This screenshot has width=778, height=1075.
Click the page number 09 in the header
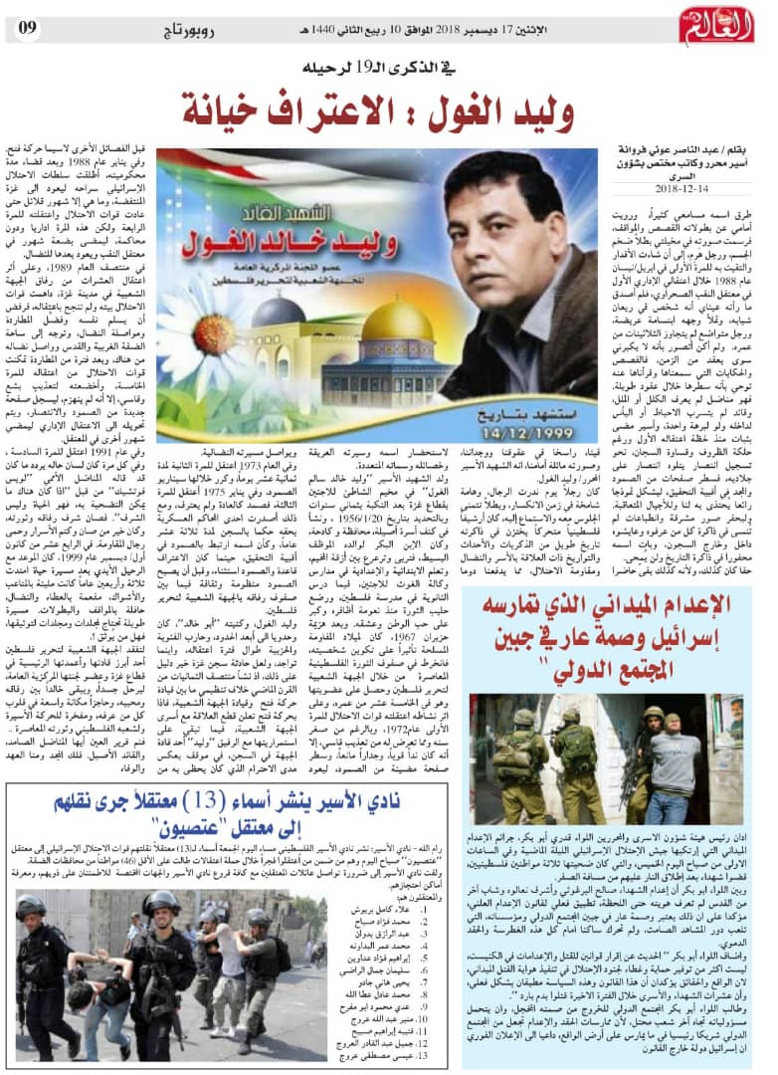(27, 26)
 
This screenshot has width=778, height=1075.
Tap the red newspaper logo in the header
(716, 24)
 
